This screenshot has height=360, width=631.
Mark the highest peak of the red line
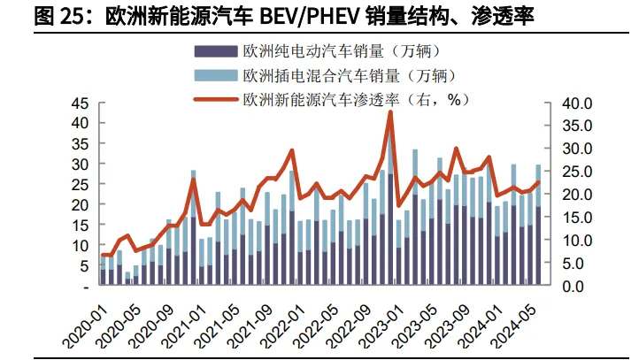[x=389, y=111]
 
